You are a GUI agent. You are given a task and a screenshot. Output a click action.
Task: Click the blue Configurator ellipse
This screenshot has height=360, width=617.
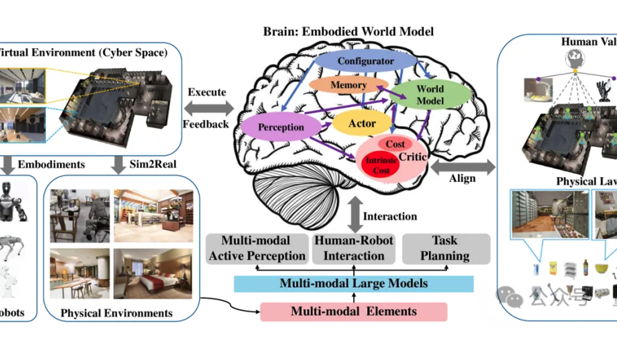pyautogui.click(x=365, y=61)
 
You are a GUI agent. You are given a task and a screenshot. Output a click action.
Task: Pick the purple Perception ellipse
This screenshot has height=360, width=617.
pyautogui.click(x=281, y=127)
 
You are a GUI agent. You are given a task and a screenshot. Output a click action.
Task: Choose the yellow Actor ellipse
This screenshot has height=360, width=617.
pyautogui.click(x=361, y=123)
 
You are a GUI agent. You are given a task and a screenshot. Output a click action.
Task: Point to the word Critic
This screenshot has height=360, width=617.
pyautogui.click(x=412, y=157)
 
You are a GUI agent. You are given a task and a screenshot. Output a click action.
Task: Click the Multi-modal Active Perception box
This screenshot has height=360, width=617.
pyautogui.click(x=256, y=249)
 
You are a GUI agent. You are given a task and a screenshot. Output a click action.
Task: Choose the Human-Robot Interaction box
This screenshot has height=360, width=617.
pyautogui.click(x=353, y=249)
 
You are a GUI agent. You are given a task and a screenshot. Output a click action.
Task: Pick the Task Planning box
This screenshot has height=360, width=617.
pyautogui.click(x=445, y=249)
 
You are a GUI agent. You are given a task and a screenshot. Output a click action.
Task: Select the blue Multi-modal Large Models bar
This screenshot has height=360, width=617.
pyautogui.click(x=353, y=283)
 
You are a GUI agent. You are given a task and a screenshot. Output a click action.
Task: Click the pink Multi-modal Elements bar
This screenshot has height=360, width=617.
pyautogui.click(x=353, y=311)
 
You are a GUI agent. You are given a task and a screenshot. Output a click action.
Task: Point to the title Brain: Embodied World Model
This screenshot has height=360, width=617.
pyautogui.click(x=348, y=32)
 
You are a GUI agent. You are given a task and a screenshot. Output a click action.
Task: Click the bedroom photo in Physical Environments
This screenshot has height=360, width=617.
pyautogui.click(x=153, y=273)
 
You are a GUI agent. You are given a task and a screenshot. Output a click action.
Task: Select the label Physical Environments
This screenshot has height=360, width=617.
pyautogui.click(x=117, y=314)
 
